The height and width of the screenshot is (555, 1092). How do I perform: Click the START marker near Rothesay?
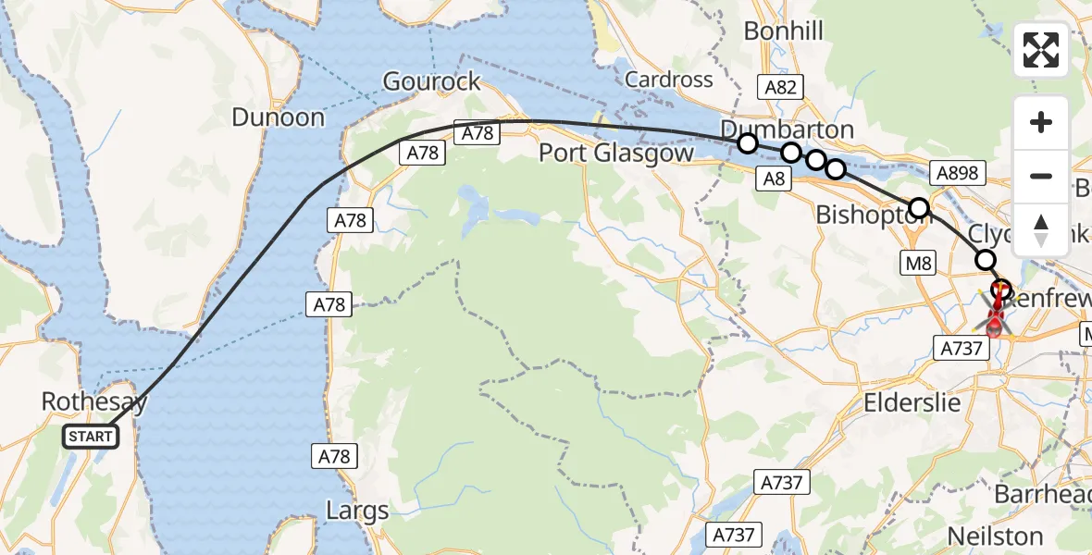[x=91, y=437]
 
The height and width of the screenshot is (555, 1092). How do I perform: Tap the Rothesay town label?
[x=94, y=401]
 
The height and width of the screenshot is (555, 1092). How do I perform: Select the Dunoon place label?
[x=279, y=117]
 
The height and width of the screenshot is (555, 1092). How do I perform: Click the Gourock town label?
[x=432, y=81]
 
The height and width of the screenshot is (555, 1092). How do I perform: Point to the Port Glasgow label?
[x=616, y=153]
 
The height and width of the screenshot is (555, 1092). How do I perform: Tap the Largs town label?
[x=357, y=510]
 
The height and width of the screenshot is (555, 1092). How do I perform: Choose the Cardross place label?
[x=669, y=80]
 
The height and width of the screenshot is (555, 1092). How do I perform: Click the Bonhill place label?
[x=784, y=32]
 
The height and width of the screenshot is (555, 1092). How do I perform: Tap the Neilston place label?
[x=995, y=536]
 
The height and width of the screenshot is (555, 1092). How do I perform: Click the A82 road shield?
[x=777, y=87]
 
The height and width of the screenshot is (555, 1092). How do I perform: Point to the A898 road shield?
[x=957, y=172]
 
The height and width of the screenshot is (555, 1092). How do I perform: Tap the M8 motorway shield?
[x=919, y=264]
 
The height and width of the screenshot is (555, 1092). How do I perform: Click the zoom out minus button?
[x=1041, y=176]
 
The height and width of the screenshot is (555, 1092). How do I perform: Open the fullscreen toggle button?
[x=1041, y=50]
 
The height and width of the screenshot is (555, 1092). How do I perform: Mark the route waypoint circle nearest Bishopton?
[x=919, y=208]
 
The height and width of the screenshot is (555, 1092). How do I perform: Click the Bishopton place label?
[x=870, y=215]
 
